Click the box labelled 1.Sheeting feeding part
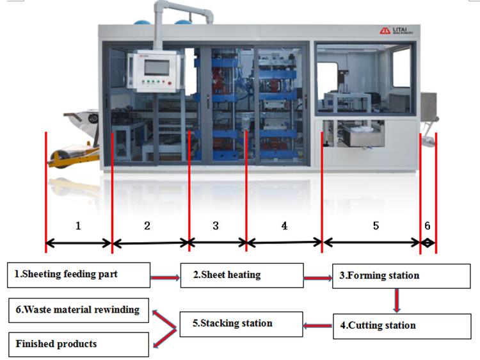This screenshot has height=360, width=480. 79,275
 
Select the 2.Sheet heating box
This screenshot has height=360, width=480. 242,275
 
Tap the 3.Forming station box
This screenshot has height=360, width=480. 401,276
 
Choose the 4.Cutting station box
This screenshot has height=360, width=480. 402,326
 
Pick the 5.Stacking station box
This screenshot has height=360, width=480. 241,324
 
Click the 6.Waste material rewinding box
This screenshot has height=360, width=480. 79,311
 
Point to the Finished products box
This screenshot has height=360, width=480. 79,345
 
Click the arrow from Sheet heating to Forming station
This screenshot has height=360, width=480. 318,278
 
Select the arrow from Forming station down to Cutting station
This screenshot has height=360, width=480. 397,301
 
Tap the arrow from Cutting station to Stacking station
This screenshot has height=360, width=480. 317,325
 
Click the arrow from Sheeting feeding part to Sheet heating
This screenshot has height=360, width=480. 165,277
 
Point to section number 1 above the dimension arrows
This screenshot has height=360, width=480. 78,226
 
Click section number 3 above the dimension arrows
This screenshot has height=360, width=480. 216,226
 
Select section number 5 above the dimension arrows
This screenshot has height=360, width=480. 376,226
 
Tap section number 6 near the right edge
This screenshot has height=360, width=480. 428,226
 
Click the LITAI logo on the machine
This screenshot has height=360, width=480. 396,30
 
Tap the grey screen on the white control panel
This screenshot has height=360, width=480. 157,68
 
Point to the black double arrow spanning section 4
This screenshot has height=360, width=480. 284,243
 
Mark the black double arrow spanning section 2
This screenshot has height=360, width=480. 151,243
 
